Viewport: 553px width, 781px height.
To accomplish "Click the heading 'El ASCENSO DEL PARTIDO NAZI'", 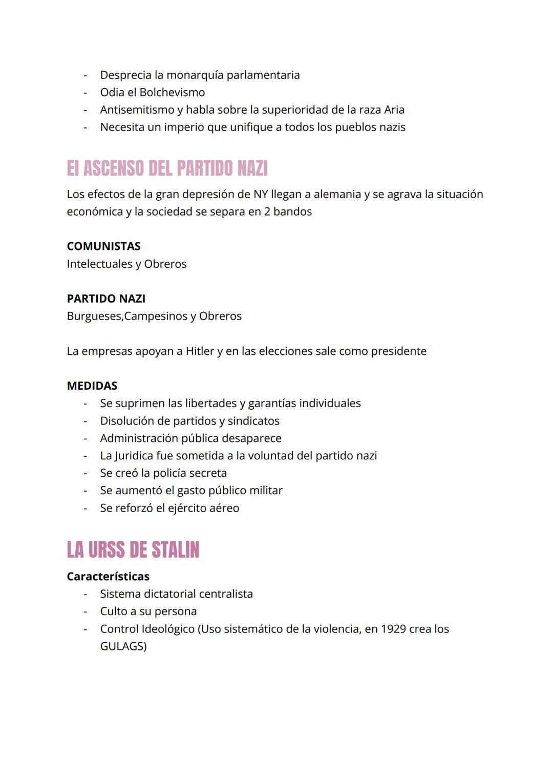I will pos(167,168).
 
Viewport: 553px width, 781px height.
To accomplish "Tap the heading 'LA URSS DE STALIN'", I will pos(133,550).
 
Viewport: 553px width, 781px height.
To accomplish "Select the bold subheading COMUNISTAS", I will pos(103,246).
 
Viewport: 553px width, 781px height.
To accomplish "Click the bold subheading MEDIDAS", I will pos(92,386).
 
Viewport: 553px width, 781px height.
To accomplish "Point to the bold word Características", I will pos(108,576).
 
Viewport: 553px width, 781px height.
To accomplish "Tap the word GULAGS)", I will pos(123,646).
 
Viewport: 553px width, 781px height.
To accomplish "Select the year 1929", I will pos(393,629).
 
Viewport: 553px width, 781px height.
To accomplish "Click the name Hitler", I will pos(200,351).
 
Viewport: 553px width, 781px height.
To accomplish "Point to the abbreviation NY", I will pos(260,195).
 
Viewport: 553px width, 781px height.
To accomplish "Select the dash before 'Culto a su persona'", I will pos(86,611).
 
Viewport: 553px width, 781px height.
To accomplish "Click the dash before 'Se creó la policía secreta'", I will pos(86,473).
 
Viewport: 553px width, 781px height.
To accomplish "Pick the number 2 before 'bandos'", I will pos(267,212).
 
